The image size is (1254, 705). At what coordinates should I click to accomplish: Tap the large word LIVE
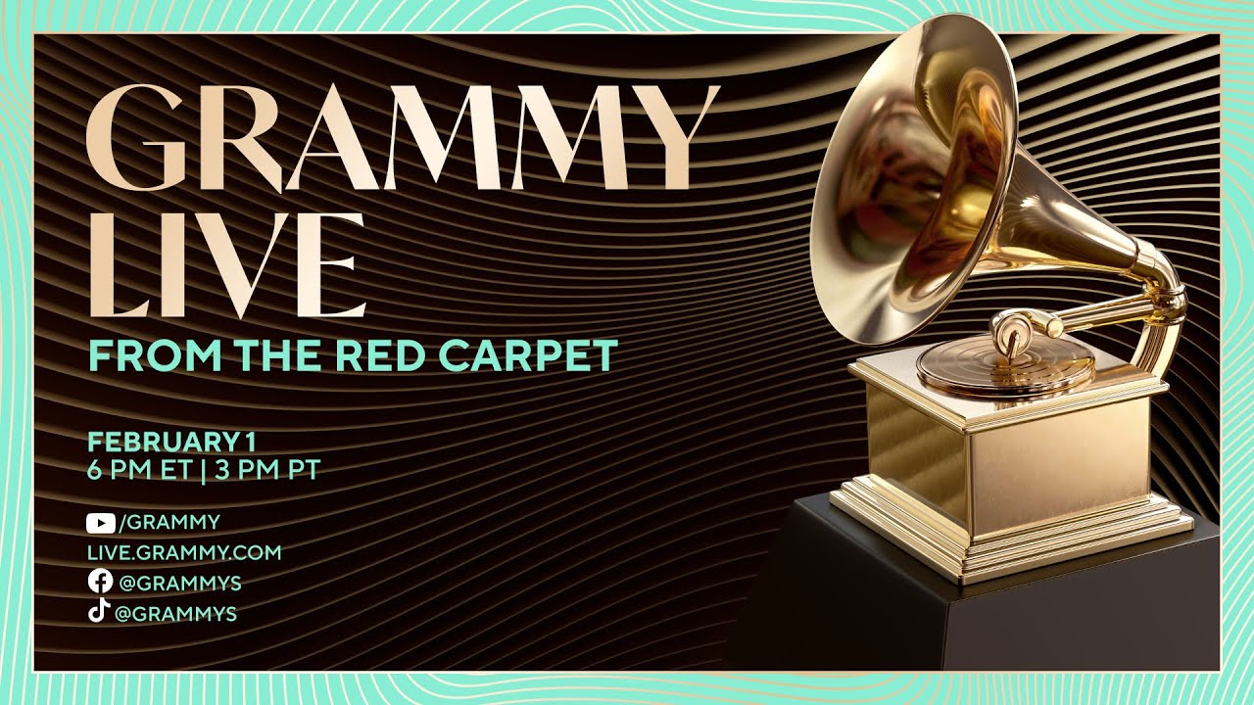tap(226, 264)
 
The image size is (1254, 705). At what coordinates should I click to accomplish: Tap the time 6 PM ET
tap(139, 469)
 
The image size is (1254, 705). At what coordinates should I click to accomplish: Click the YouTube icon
tap(100, 523)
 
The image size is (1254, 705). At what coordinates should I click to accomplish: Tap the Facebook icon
tap(99, 582)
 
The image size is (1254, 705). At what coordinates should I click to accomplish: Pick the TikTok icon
tap(99, 612)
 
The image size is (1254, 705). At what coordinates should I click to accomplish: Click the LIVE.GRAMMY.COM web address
tap(184, 552)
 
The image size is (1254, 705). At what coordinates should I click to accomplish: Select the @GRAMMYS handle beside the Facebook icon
tap(179, 584)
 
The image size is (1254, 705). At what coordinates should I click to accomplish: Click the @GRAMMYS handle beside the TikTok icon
tap(176, 615)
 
